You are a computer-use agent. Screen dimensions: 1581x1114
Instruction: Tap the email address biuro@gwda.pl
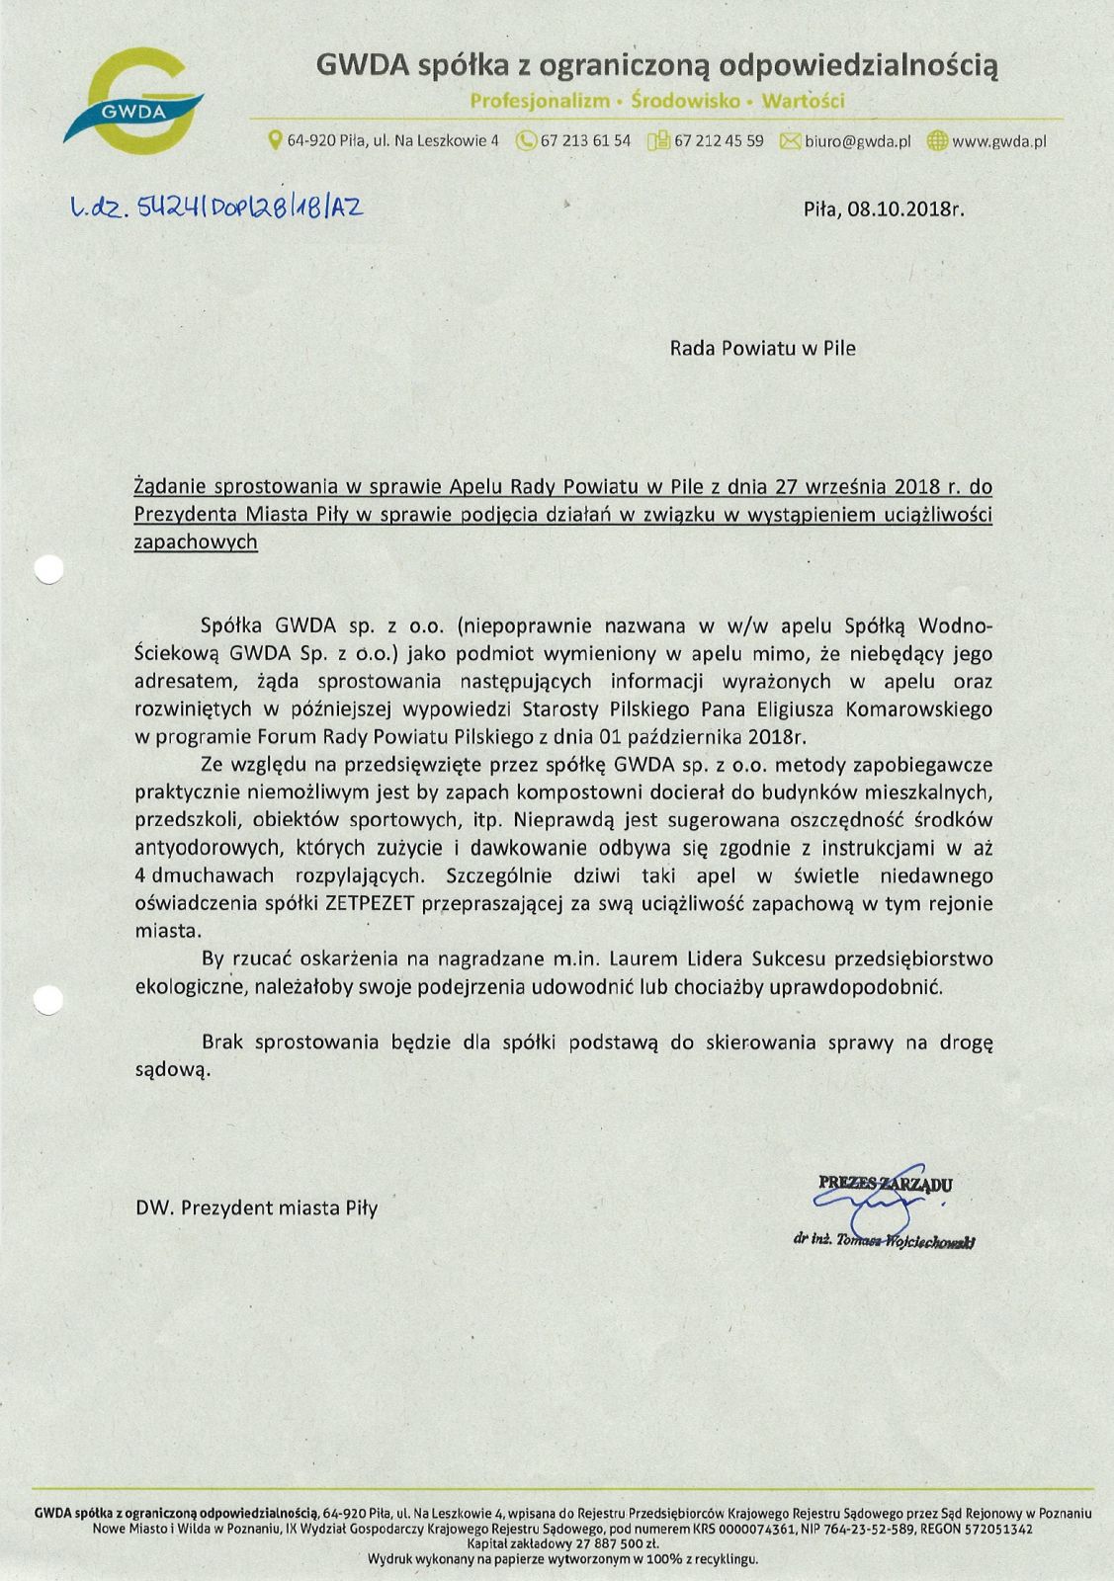click(857, 141)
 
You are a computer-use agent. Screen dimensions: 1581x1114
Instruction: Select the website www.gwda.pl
click(998, 141)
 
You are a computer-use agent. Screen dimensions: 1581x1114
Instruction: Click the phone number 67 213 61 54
click(585, 141)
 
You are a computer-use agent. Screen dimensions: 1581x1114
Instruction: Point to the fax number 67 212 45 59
click(719, 141)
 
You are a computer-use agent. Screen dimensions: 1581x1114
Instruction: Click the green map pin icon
click(276, 141)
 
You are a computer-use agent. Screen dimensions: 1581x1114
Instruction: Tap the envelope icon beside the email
click(790, 141)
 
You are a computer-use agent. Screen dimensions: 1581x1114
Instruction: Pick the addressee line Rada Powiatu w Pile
click(762, 348)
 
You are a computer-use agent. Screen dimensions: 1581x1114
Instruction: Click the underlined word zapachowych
click(196, 541)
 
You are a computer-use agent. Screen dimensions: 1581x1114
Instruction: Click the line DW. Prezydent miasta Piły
click(257, 1207)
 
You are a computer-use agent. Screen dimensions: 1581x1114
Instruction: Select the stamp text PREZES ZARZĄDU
click(886, 1183)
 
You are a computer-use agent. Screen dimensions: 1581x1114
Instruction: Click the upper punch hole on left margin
click(48, 569)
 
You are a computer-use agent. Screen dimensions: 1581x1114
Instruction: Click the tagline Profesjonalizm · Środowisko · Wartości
click(657, 101)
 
